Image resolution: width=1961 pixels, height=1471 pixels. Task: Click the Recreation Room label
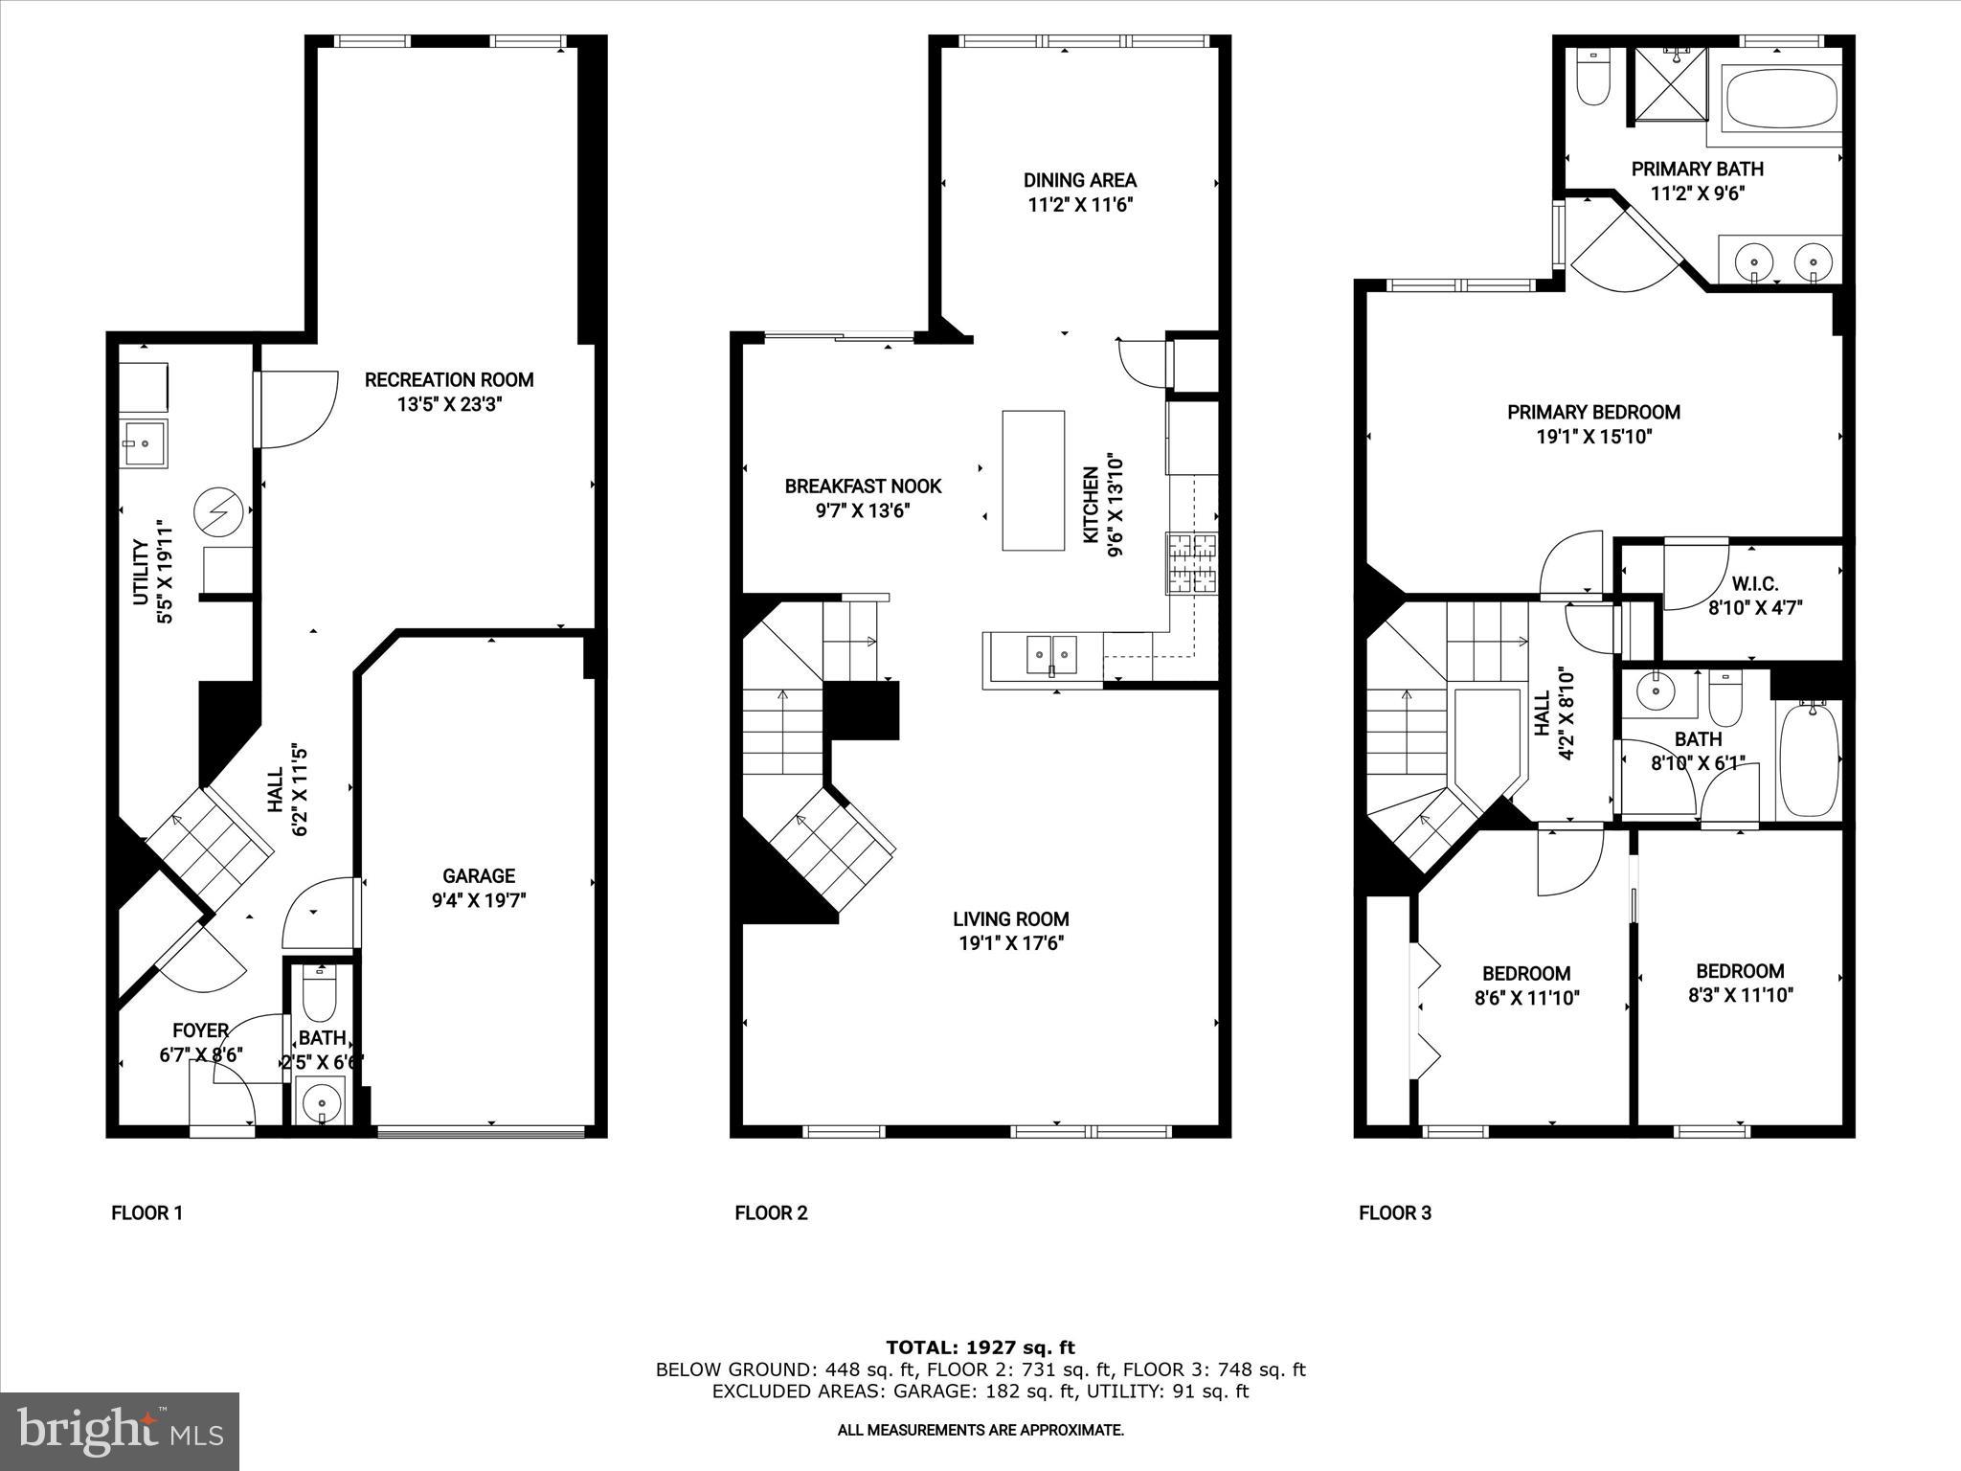pos(449,380)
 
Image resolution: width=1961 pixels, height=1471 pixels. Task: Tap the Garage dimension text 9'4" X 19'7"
pos(478,900)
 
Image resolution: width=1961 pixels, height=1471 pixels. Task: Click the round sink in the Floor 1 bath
pos(321,1104)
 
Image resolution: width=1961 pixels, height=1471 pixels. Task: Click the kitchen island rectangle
pos(1033,480)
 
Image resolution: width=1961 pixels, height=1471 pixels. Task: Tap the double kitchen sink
pos(1051,655)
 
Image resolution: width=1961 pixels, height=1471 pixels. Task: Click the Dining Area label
pos(1079,180)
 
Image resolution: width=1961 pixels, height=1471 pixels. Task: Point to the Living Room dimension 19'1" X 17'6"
pos(1011,943)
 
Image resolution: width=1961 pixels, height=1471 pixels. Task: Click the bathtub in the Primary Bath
pos(1781,97)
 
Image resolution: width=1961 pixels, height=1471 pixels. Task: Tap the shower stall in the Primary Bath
pos(1670,84)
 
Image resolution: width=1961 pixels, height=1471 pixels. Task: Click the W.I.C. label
pos(1755,584)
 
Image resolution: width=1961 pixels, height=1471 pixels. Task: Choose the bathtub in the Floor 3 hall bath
pos(1808,758)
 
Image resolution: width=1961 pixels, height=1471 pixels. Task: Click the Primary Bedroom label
pos(1593,413)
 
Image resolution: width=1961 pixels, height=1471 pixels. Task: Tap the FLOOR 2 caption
pos(771,1213)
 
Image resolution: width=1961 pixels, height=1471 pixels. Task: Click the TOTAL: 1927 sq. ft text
pos(980,1348)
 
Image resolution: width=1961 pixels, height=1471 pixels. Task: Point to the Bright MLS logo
pos(120,1432)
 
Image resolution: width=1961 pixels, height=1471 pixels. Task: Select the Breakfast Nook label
pos(863,487)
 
